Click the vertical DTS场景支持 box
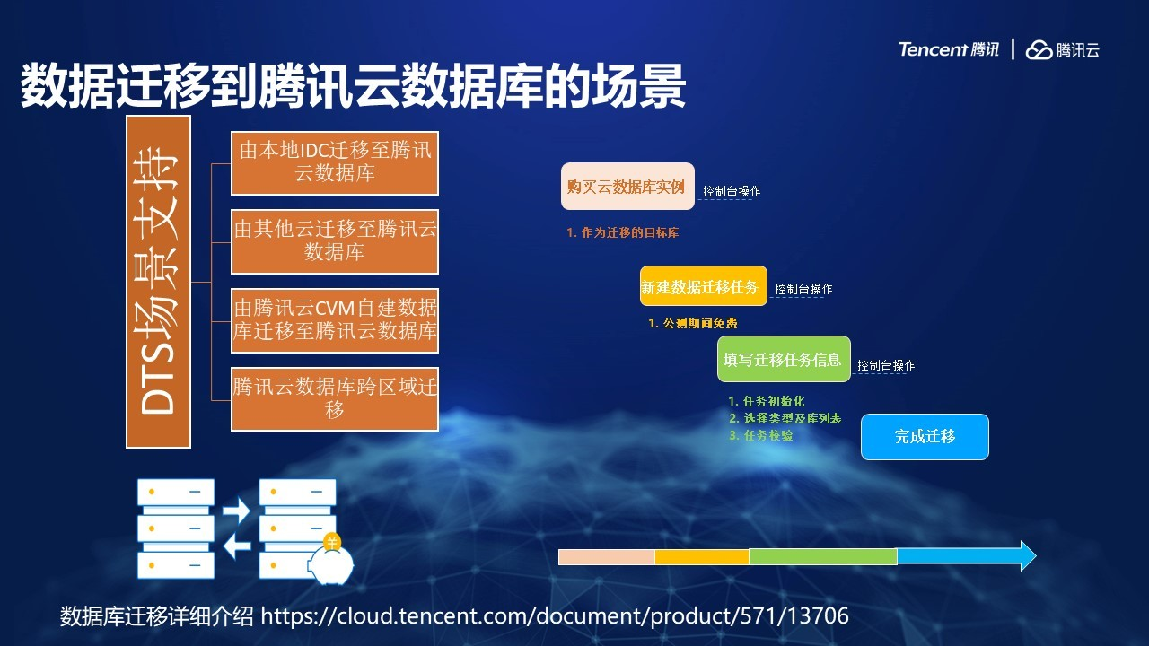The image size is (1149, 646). click(159, 282)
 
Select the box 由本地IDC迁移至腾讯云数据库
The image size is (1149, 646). click(335, 163)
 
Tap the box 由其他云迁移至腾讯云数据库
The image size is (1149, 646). click(335, 241)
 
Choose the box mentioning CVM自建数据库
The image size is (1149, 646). click(335, 320)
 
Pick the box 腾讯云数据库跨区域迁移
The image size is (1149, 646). click(335, 399)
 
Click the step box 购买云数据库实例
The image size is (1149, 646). click(627, 186)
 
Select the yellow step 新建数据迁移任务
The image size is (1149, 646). click(703, 286)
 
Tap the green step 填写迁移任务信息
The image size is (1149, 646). click(784, 359)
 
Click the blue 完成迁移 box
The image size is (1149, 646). click(925, 437)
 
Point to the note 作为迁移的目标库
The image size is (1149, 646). click(623, 232)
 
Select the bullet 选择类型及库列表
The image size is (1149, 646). click(785, 418)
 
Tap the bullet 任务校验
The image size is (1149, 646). click(760, 435)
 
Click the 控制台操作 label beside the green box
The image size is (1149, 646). click(886, 365)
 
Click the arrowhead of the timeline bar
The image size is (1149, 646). click(1028, 555)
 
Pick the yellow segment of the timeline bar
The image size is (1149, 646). click(702, 557)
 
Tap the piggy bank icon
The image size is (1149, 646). click(332, 561)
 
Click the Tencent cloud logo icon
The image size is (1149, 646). click(1039, 49)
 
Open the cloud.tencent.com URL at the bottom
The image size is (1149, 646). click(555, 615)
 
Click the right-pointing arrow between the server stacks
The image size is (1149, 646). click(236, 511)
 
